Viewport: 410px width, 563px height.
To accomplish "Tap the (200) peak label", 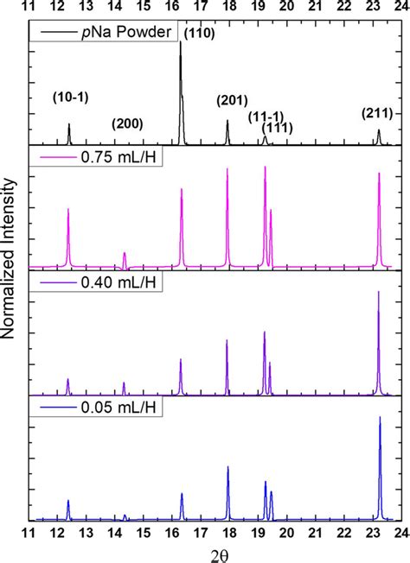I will [127, 123].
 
